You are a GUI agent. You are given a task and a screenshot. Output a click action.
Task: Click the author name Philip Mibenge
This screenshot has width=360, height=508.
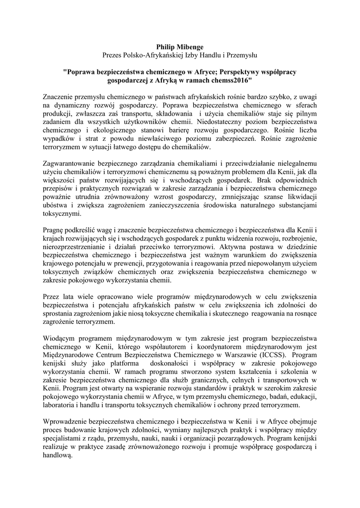[x=180, y=46]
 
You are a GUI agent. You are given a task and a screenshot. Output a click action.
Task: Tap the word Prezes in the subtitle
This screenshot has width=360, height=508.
[x=112, y=54]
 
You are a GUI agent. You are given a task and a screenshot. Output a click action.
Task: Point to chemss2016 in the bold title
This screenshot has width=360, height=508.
[x=233, y=79]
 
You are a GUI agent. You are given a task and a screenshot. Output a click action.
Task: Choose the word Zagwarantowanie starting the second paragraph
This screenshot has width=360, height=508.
[x=73, y=163]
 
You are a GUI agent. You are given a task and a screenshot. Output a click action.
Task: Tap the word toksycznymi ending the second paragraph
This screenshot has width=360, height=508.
[x=61, y=215]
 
